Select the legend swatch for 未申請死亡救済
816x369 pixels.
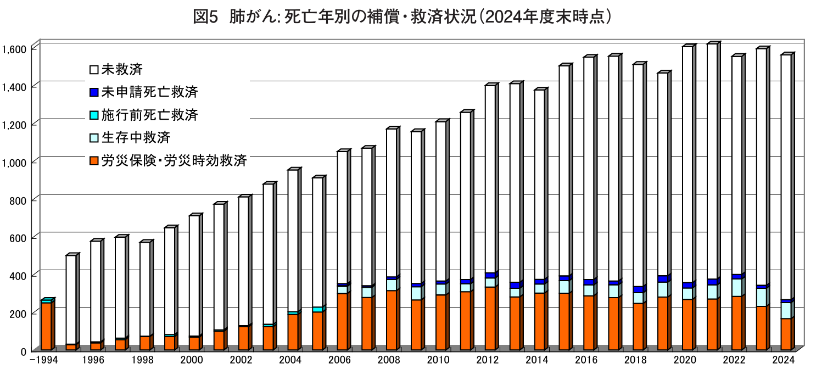click(x=93, y=92)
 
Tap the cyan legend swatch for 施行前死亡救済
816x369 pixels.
click(x=93, y=115)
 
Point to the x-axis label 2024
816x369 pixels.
click(x=784, y=360)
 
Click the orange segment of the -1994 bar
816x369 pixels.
click(x=46, y=326)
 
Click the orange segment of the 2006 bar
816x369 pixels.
click(x=343, y=322)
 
